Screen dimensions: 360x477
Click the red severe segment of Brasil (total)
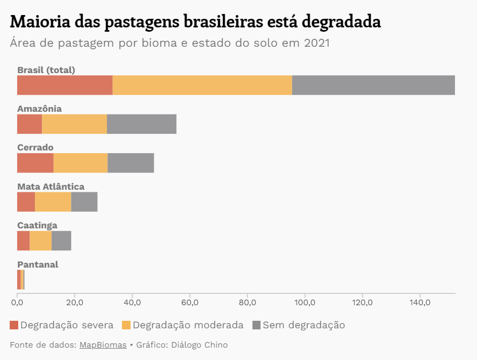coord(64,85)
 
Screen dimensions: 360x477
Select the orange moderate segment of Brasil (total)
coord(202,85)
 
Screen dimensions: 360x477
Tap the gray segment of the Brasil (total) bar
coord(373,85)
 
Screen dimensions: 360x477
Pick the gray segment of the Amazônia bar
coord(141,124)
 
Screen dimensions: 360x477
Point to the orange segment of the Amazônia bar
coord(74,124)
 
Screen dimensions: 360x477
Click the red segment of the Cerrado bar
coord(35,163)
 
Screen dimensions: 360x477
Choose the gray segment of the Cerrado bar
coord(131,163)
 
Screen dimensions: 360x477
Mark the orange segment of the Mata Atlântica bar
coord(53,201)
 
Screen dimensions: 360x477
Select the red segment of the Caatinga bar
coord(23,241)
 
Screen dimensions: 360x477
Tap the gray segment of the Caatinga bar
coord(61,241)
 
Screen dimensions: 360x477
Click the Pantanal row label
coord(38,264)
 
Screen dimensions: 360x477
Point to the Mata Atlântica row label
coord(50,186)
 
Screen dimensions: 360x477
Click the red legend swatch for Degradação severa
coord(14,325)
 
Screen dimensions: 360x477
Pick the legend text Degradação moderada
coord(188,325)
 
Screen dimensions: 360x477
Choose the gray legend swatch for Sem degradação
coord(256,325)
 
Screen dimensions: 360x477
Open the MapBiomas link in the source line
coord(103,345)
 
